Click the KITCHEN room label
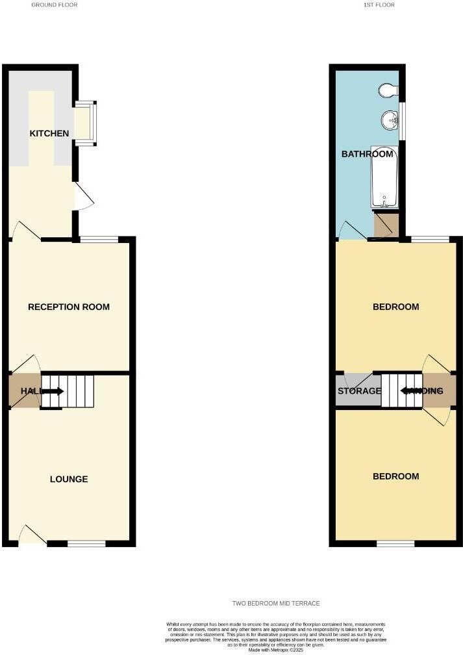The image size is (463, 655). click(49, 133)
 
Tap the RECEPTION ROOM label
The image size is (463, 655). click(69, 307)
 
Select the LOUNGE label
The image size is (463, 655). click(69, 480)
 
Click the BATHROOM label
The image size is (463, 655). click(368, 154)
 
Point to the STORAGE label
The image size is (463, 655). click(359, 391)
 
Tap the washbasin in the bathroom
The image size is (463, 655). click(390, 120)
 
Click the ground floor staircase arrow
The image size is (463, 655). click(52, 391)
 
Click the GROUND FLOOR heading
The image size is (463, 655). click(55, 5)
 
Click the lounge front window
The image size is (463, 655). click(86, 543)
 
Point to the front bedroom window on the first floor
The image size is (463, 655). click(395, 543)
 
